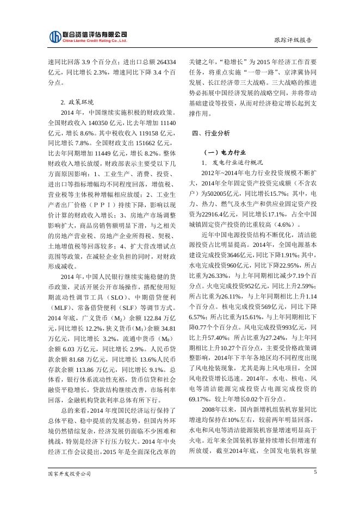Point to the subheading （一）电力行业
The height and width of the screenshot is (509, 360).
pyautogui.click(x=224, y=152)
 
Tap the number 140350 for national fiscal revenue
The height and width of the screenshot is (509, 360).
pyautogui.click(x=106, y=123)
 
